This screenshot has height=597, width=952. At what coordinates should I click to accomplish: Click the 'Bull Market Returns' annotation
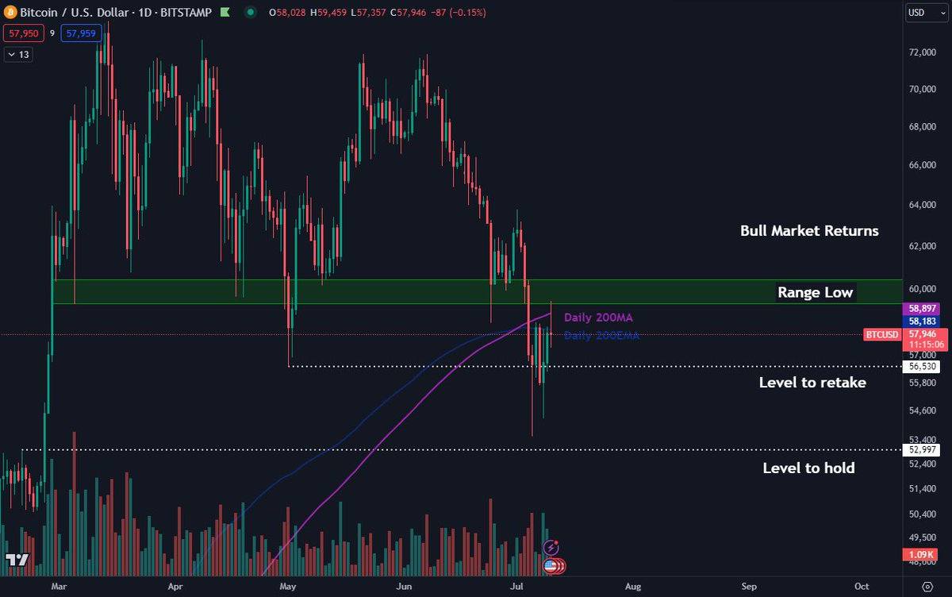(809, 231)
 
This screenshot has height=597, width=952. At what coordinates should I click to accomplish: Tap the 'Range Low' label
(815, 292)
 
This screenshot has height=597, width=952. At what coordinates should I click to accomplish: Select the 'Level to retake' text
(812, 383)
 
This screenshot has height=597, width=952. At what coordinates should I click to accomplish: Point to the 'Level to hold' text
(808, 468)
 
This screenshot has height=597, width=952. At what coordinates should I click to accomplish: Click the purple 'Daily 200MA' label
(598, 318)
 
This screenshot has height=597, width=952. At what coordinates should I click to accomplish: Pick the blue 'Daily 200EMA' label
(601, 336)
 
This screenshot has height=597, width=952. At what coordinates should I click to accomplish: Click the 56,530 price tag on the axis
(924, 367)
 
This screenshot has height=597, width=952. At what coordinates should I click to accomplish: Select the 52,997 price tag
(924, 450)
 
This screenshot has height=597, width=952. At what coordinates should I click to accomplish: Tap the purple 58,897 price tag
(924, 307)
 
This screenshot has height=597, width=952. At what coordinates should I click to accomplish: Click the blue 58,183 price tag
(924, 321)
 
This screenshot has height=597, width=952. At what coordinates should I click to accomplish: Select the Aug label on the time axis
(632, 586)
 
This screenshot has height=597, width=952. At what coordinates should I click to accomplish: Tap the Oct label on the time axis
(862, 586)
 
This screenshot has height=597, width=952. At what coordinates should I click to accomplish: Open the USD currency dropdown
(921, 13)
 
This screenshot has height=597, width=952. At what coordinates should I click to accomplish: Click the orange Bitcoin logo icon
(11, 13)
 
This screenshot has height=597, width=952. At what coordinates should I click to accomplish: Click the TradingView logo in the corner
(17, 560)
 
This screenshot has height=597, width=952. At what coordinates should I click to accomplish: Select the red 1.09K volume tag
(923, 553)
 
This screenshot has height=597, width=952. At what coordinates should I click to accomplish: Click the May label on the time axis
(288, 586)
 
